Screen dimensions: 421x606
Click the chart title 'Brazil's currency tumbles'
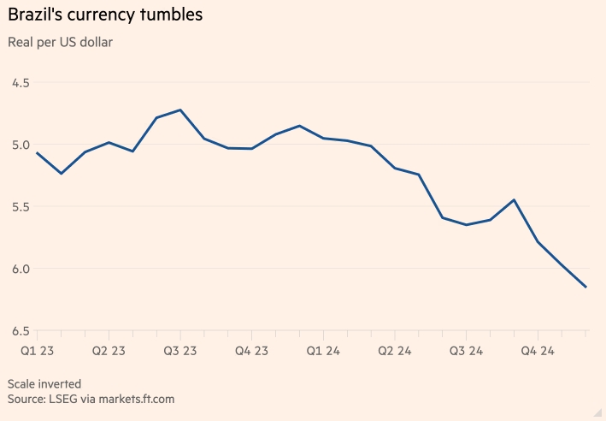pyautogui.click(x=106, y=16)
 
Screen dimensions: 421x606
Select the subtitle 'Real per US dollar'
pyautogui.click(x=60, y=42)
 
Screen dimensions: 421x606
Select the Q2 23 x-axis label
pyautogui.click(x=109, y=351)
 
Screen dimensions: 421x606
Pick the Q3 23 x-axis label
pyautogui.click(x=179, y=351)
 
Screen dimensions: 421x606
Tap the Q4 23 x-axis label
pyautogui.click(x=251, y=351)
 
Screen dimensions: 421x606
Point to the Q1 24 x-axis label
pyautogui.click(x=323, y=351)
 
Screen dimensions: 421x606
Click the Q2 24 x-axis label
pyautogui.click(x=395, y=351)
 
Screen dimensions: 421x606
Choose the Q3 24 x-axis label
pyautogui.click(x=467, y=351)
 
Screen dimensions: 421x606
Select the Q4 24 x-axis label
pyautogui.click(x=538, y=351)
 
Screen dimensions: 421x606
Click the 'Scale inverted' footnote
pyautogui.click(x=44, y=383)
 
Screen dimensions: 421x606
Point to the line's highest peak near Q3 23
pyautogui.click(x=180, y=110)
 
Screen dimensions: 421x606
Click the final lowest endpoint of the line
pyautogui.click(x=585, y=287)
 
